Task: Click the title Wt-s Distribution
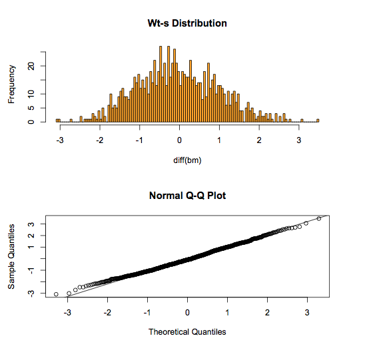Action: click(187, 23)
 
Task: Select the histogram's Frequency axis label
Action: click(11, 83)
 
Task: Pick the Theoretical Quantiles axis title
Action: click(187, 331)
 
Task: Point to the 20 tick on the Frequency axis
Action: click(31, 66)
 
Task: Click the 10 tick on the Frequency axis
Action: click(31, 94)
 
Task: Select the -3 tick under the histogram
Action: click(59, 141)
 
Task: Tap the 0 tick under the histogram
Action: click(179, 141)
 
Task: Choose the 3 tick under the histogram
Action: click(299, 141)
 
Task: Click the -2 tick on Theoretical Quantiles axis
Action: click(107, 312)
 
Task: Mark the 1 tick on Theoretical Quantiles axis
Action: click(228, 312)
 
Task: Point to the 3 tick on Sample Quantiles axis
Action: click(31, 224)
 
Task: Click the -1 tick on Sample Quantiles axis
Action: click(31, 270)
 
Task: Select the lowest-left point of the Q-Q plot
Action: click(56, 293)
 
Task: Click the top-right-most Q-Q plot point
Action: click(319, 218)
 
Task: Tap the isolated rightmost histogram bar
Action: click(318, 120)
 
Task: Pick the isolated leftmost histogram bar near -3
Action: click(58, 120)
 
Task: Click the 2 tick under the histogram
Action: click(259, 141)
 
